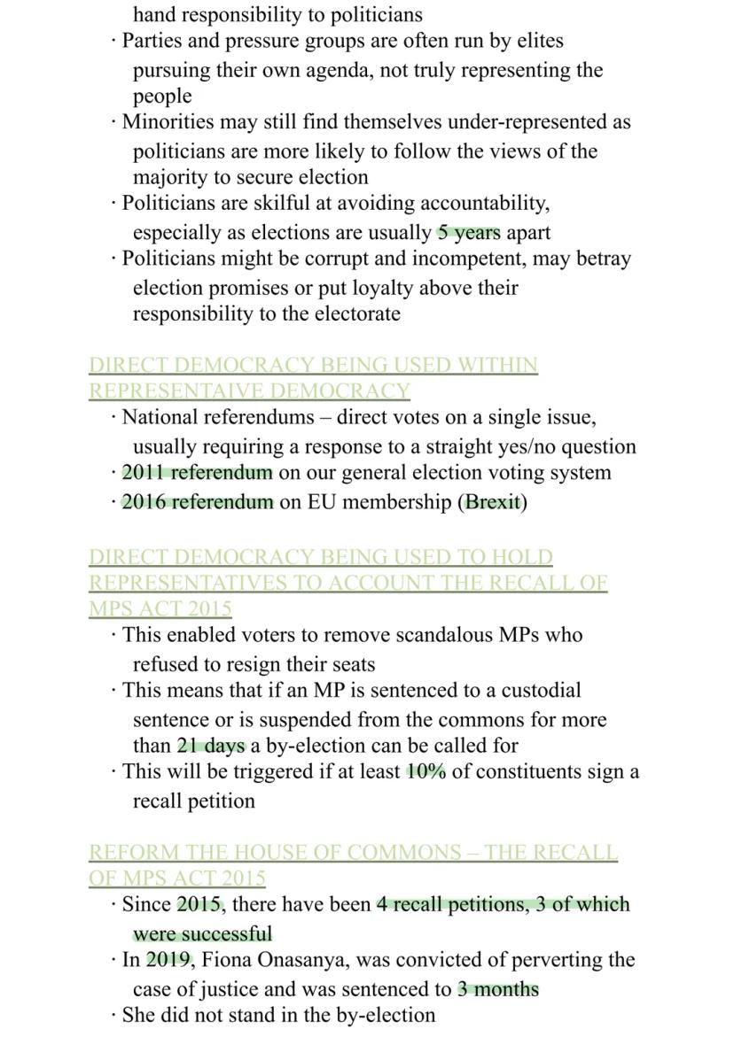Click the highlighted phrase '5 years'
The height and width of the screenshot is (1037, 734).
(x=468, y=233)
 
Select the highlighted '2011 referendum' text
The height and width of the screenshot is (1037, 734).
(x=197, y=473)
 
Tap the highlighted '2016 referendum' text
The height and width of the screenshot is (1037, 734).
(x=197, y=502)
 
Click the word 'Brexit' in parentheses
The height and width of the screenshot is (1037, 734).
(x=492, y=502)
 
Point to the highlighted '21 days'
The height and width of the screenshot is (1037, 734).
(x=211, y=746)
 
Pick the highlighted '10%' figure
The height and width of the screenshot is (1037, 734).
(x=426, y=771)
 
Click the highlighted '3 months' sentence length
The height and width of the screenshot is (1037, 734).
(x=497, y=989)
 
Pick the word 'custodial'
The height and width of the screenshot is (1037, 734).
(x=542, y=690)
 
